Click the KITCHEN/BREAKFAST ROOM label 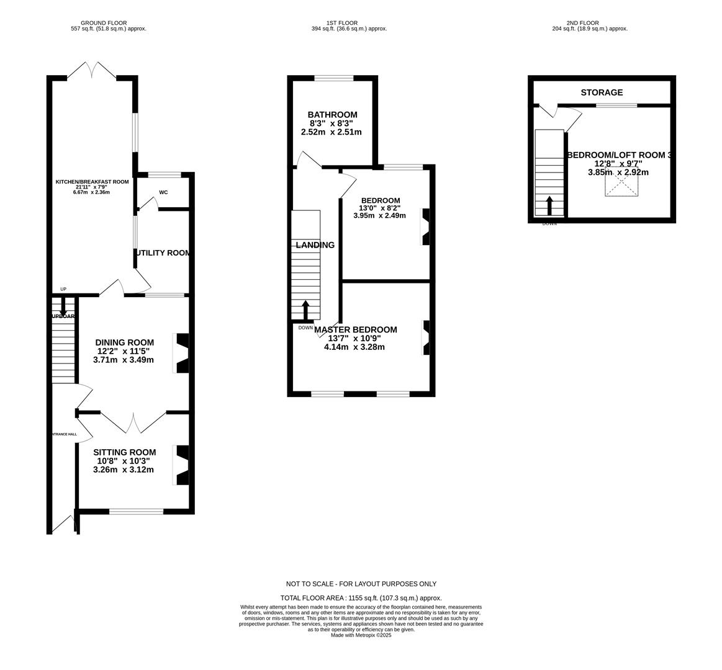(x=92, y=182)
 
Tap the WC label (x=163, y=192)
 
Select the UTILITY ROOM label (x=163, y=253)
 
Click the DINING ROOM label (x=124, y=342)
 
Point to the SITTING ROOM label (x=124, y=452)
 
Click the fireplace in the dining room (x=182, y=354)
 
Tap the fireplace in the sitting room (x=182, y=465)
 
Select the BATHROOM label (x=332, y=115)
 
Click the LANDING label (x=315, y=245)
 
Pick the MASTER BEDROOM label (x=355, y=329)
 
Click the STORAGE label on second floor (x=602, y=92)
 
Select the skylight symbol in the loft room (x=621, y=185)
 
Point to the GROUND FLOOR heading (x=104, y=23)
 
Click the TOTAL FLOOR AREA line (x=361, y=598)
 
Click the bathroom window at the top (x=334, y=78)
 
